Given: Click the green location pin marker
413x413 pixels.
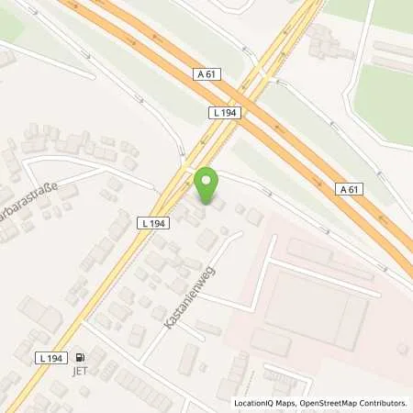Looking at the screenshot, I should tap(208, 186).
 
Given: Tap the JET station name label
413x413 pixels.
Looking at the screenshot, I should tap(80, 373).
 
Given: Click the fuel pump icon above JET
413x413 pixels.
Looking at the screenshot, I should tap(80, 359).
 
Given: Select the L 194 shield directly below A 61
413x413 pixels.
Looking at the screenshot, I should tap(224, 110).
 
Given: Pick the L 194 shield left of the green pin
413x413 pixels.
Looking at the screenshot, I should tap(154, 222).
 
